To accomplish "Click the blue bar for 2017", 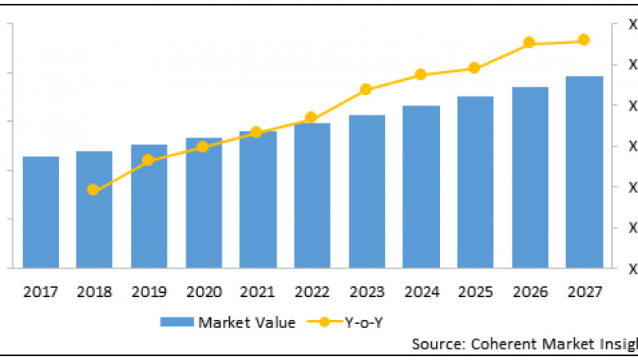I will tap(40, 212).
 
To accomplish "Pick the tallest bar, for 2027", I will tap(585, 172).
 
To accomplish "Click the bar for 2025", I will tap(475, 182).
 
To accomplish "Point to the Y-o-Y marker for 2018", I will tap(93, 190).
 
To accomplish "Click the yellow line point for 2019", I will tap(148, 160).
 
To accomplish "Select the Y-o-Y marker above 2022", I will tap(311, 118).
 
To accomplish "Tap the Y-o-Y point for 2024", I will tap(420, 74).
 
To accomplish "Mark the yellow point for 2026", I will tap(529, 43).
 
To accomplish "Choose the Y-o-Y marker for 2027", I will tap(584, 40).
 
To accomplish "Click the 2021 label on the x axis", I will tap(258, 292).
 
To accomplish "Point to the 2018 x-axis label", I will tap(94, 292).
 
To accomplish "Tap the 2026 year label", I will tap(530, 292).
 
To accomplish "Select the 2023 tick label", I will tap(366, 292).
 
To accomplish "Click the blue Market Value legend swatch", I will tap(177, 322).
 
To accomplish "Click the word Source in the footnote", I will tap(434, 344).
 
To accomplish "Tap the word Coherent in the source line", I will tap(498, 344).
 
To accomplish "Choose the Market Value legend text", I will tap(246, 322).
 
